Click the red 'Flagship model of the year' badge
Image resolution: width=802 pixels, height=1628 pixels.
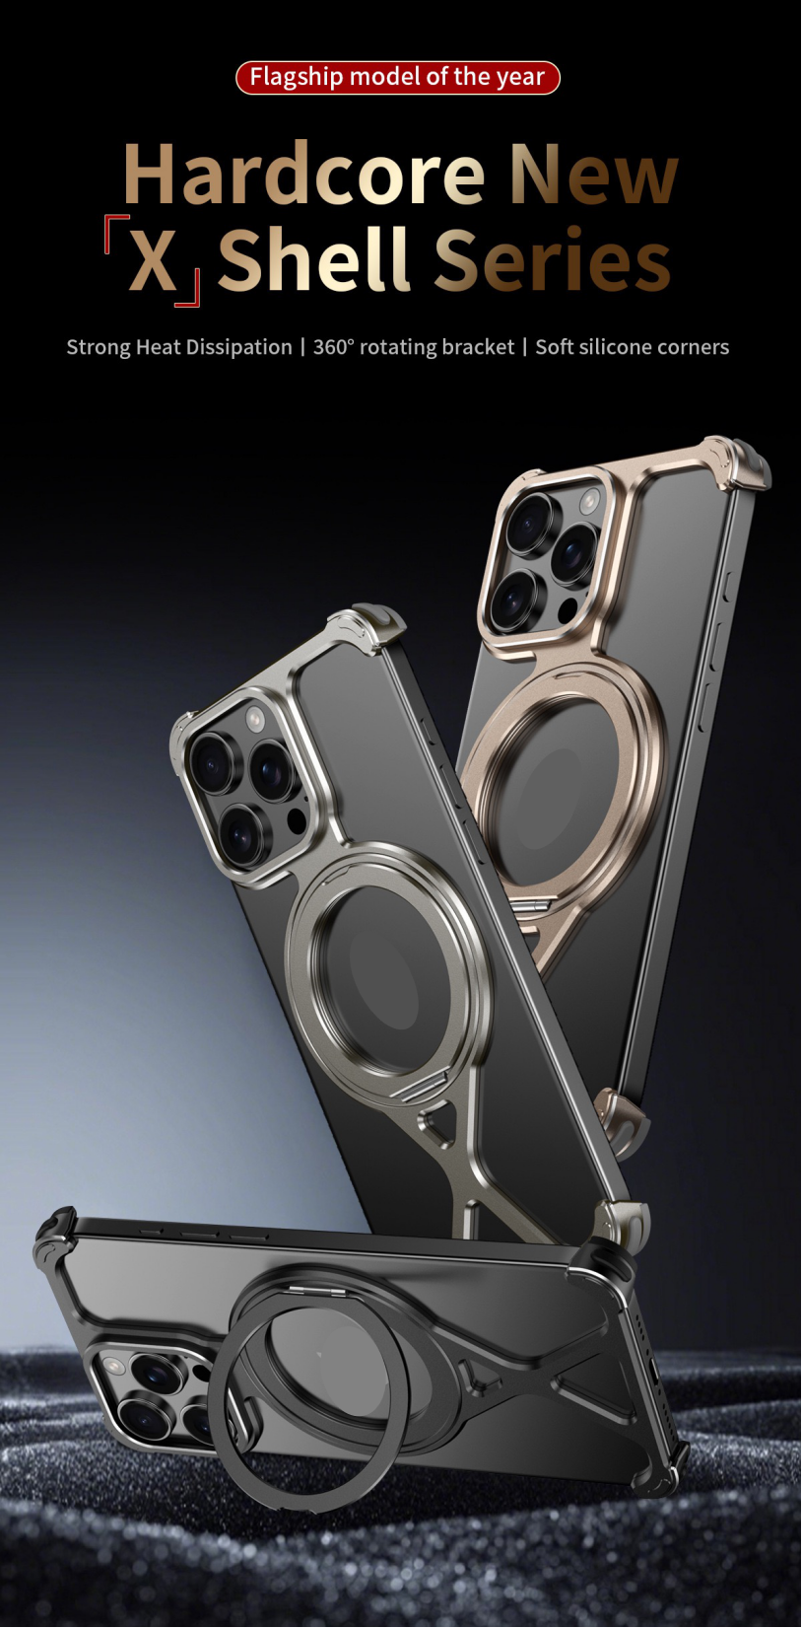click(397, 77)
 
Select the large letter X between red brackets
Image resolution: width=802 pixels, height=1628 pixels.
click(153, 261)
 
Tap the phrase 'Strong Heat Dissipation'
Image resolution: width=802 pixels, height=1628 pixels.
click(178, 347)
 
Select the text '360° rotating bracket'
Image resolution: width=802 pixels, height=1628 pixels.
click(413, 347)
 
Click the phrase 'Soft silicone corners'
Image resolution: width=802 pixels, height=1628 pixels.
click(632, 347)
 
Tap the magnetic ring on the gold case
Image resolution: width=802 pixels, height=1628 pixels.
click(562, 779)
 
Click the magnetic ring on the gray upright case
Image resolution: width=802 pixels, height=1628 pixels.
click(390, 971)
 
